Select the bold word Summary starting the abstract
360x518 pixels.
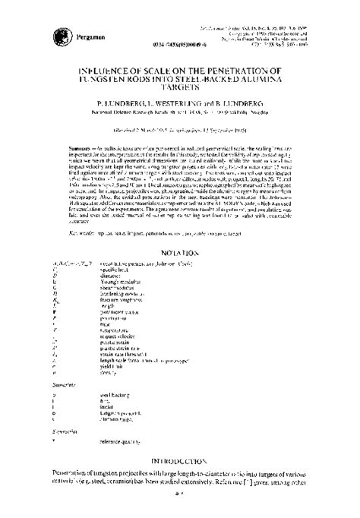[59, 139]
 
